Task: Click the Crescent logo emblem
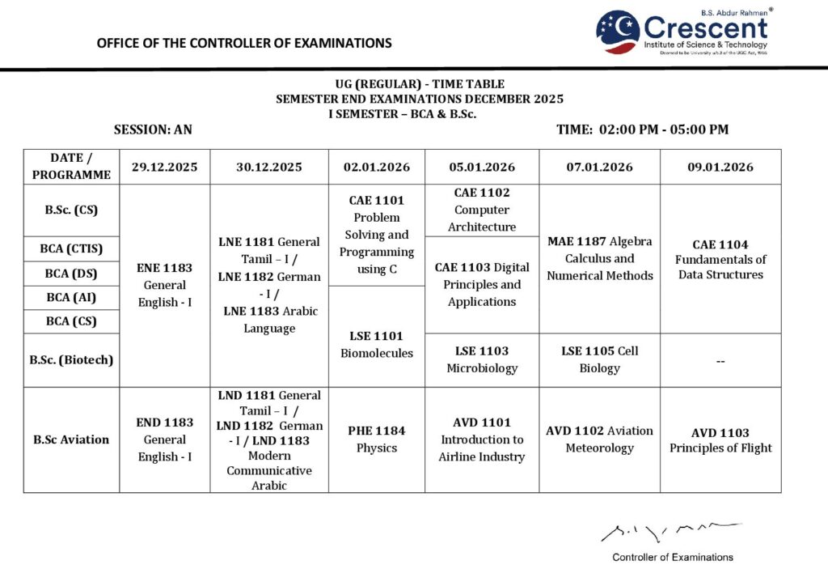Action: (618, 32)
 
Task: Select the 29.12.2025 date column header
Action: (165, 168)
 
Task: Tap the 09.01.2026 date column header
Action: (720, 168)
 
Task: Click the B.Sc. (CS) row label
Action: (71, 210)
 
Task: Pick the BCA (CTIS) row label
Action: (71, 248)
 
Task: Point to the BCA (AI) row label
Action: (71, 297)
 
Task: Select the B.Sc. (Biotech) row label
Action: (71, 359)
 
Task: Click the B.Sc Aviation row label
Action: (71, 439)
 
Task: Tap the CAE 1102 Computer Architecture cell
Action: (482, 210)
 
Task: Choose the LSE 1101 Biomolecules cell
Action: (377, 344)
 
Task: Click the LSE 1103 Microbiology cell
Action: (482, 359)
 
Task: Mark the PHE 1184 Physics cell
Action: (377, 439)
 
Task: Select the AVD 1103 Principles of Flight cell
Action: (720, 439)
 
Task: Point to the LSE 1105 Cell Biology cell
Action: (599, 359)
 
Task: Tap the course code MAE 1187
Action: (575, 241)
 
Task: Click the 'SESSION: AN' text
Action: (153, 130)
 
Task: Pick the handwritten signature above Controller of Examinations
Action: (670, 531)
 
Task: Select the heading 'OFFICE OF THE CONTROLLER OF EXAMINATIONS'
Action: (244, 43)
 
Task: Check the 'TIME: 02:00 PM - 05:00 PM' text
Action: (642, 130)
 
